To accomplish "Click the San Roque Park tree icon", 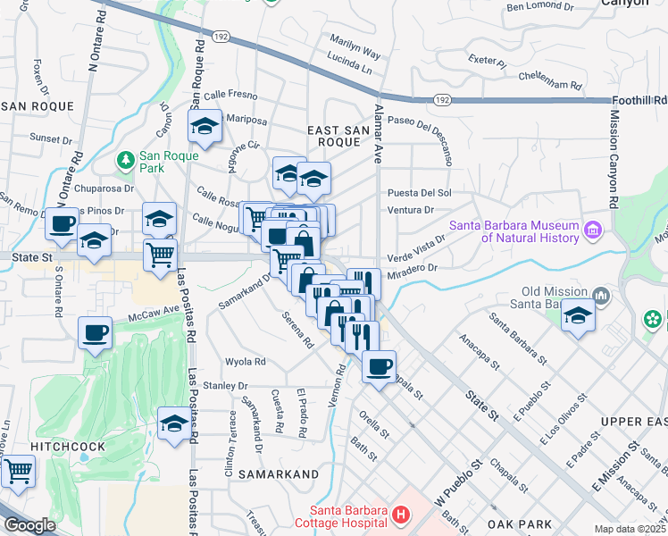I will pyautogui.click(x=126, y=160).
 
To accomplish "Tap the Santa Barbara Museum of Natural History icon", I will pyautogui.click(x=590, y=232).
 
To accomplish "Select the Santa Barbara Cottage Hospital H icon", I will pyautogui.click(x=400, y=515).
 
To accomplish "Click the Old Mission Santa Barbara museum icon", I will pyautogui.click(x=600, y=295).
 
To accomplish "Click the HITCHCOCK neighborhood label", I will pyautogui.click(x=68, y=446).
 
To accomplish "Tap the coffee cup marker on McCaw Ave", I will pyautogui.click(x=95, y=333).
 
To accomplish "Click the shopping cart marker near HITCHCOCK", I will pyautogui.click(x=18, y=471).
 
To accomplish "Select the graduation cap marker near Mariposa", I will pyautogui.click(x=205, y=126).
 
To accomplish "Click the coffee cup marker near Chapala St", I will pyautogui.click(x=379, y=365).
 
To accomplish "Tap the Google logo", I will pyautogui.click(x=29, y=525).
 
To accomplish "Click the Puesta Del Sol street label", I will pyautogui.click(x=420, y=192).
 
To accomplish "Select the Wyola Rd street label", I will pyautogui.click(x=246, y=362).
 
